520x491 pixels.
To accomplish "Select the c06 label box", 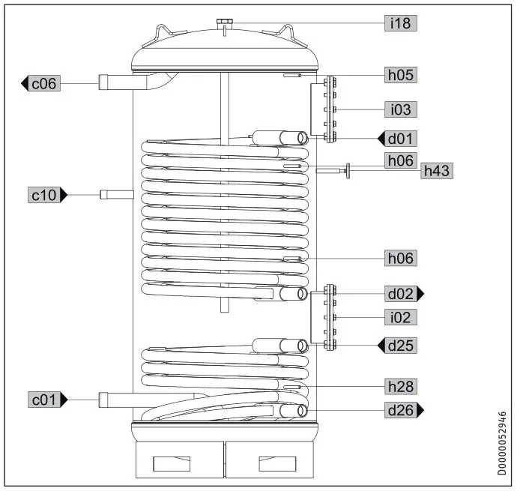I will [x=43, y=83].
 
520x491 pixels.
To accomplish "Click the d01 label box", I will [x=401, y=138].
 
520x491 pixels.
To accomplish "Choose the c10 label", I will [x=43, y=195].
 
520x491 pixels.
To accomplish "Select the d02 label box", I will [x=401, y=293].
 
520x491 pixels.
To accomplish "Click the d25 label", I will [x=401, y=346].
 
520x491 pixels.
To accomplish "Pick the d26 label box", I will [x=401, y=410].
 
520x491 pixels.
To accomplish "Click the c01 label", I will [x=43, y=400].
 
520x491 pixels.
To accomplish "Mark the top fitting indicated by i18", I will [x=223, y=25].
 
